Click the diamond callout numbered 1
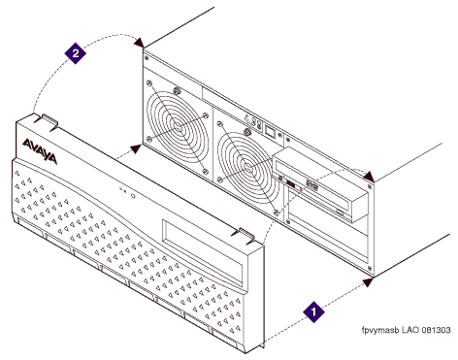(313, 312)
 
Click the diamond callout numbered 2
(76, 52)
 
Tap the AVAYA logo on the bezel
(40, 151)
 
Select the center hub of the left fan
(177, 125)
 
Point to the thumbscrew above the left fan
(177, 90)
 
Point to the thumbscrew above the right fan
(247, 131)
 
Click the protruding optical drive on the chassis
(320, 185)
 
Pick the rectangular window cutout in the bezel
(203, 254)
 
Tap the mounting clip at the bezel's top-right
(245, 234)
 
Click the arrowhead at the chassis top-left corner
(140, 43)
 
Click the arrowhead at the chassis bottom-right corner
(368, 282)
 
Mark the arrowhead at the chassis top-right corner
(369, 177)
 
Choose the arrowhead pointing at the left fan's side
(136, 149)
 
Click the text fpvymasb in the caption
(380, 330)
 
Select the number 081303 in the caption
(436, 330)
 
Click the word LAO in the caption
(410, 330)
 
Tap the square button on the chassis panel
(270, 130)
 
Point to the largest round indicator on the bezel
(133, 196)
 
